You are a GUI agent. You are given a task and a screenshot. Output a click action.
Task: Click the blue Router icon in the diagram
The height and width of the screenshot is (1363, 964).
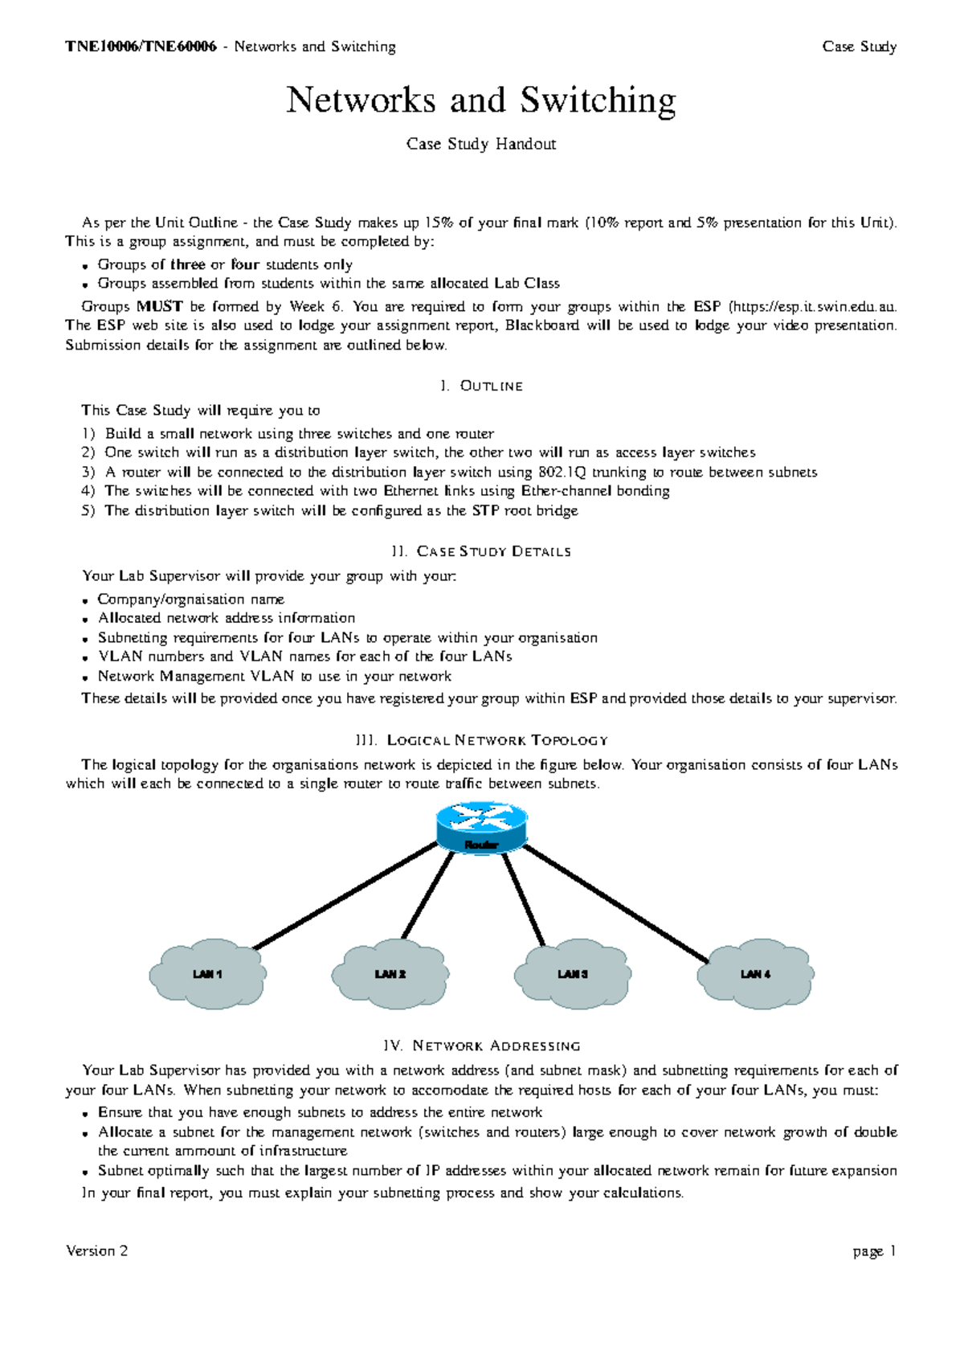click(481, 826)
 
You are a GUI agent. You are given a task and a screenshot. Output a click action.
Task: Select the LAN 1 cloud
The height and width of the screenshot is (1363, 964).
click(207, 974)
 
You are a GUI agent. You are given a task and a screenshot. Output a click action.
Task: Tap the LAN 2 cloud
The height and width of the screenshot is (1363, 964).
click(390, 974)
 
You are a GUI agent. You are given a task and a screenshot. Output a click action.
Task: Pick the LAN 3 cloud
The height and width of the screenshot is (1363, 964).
click(573, 974)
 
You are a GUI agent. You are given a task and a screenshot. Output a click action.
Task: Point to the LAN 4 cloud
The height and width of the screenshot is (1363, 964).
click(755, 974)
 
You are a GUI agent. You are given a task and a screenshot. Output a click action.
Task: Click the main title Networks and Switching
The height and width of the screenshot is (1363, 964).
click(481, 100)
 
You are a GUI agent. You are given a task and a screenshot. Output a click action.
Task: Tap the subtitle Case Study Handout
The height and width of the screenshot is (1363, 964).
click(481, 145)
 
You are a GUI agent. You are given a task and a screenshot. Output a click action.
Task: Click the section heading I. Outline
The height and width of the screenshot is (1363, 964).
click(481, 387)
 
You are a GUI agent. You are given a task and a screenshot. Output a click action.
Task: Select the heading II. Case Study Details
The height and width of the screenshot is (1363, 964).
click(481, 552)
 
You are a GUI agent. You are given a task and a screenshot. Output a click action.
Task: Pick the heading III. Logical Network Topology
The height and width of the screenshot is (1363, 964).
click(481, 740)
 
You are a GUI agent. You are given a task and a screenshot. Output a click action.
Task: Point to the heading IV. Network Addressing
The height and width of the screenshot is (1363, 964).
click(481, 1046)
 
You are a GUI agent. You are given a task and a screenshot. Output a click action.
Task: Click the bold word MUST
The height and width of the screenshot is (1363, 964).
click(159, 306)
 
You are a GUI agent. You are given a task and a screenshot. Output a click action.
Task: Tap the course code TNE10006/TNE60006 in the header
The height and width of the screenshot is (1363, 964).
click(141, 47)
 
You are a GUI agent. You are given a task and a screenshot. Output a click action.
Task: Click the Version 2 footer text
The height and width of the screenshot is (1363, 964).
click(97, 1251)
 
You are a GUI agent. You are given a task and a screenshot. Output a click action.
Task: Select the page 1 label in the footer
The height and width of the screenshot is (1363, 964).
click(875, 1251)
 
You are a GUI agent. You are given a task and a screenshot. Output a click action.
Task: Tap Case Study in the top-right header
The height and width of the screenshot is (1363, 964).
click(860, 47)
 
